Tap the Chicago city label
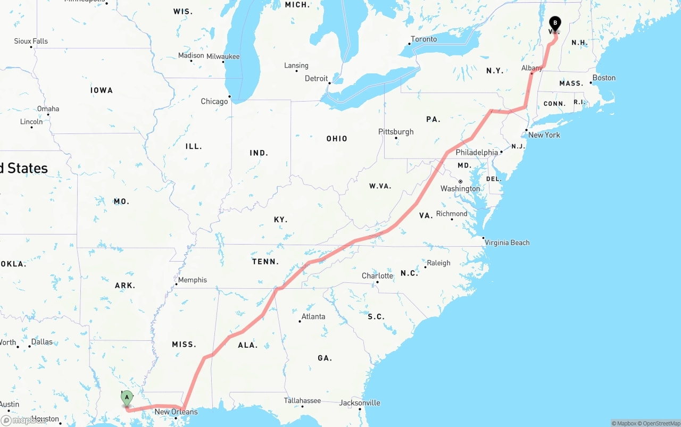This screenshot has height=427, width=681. pyautogui.click(x=214, y=102)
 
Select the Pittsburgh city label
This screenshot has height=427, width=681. pyautogui.click(x=396, y=132)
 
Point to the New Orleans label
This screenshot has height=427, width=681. pyautogui.click(x=176, y=412)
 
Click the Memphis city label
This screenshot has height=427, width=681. pyautogui.click(x=192, y=280)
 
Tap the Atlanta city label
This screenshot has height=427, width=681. pyautogui.click(x=313, y=316)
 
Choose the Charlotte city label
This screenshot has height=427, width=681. pyautogui.click(x=377, y=275)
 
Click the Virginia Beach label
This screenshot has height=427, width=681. pyautogui.click(x=507, y=242)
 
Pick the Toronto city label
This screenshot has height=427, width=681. pyautogui.click(x=423, y=39)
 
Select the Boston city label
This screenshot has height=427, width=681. pyautogui.click(x=604, y=78)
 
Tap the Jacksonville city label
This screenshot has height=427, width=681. pyautogui.click(x=360, y=403)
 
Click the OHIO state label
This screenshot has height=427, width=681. pyautogui.click(x=337, y=139)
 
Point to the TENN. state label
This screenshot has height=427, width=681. pyautogui.click(x=265, y=262)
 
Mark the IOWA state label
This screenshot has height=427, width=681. pyautogui.click(x=102, y=90)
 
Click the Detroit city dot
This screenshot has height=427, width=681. pyautogui.click(x=329, y=83)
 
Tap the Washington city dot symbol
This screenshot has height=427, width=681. pyautogui.click(x=460, y=181)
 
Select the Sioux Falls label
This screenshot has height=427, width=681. pyautogui.click(x=31, y=41)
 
